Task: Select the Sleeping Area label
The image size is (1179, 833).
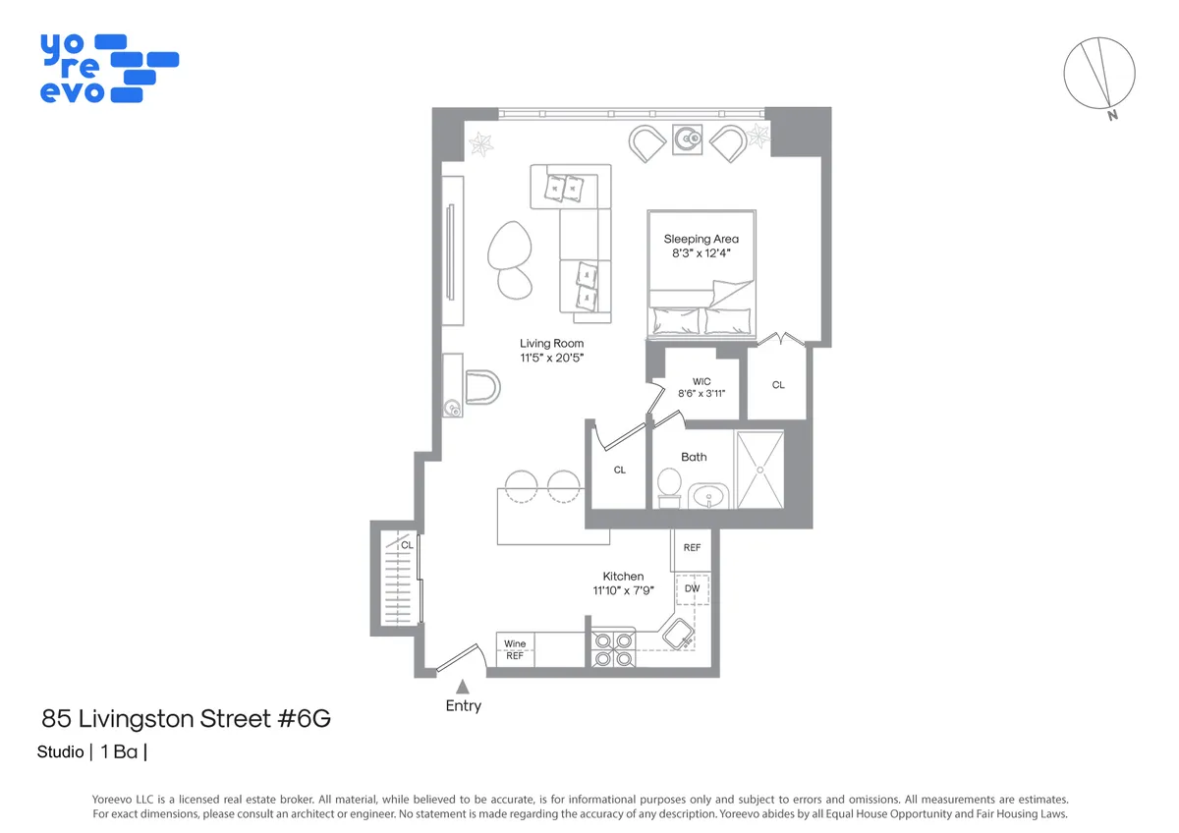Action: click(701, 239)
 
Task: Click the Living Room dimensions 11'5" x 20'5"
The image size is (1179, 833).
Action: click(551, 359)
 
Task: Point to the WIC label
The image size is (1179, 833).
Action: click(701, 381)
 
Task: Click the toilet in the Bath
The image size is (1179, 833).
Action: click(669, 484)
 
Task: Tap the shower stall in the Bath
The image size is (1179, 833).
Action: click(759, 470)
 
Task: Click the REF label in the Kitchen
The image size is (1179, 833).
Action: click(692, 547)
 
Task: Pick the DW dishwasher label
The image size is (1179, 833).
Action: click(692, 588)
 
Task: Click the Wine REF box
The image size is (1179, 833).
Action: click(515, 650)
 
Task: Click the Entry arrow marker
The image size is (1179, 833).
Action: click(463, 686)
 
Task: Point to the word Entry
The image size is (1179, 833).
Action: click(463, 705)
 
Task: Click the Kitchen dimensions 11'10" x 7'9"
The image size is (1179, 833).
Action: click(623, 590)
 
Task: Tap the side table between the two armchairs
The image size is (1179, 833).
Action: click(687, 139)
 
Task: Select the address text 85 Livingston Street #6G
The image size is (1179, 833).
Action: click(186, 719)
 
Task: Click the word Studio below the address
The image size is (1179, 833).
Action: click(60, 753)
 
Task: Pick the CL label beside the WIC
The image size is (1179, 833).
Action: click(778, 385)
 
